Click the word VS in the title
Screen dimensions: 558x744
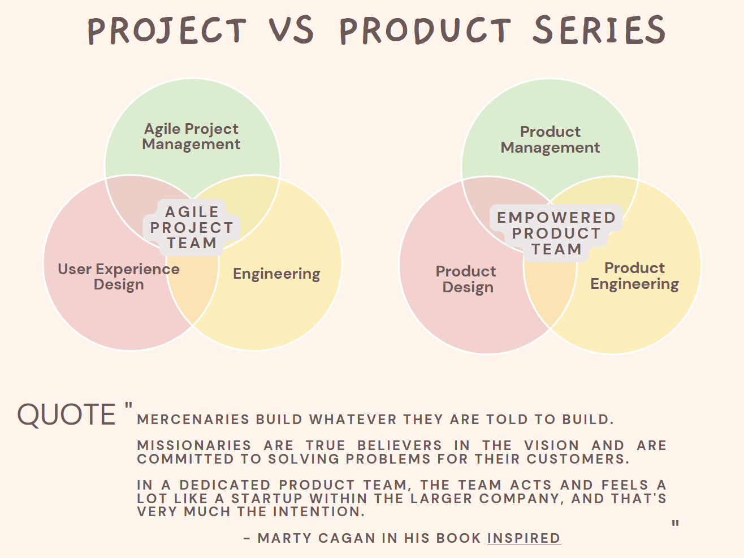pyautogui.click(x=291, y=31)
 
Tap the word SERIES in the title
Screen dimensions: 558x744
pyautogui.click(x=599, y=31)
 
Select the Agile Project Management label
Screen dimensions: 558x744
pyautogui.click(x=191, y=137)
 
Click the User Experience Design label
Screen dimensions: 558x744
pyautogui.click(x=119, y=276)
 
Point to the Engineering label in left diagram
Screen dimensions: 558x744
pyautogui.click(x=276, y=274)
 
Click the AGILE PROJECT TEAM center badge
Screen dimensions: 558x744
pyautogui.click(x=192, y=228)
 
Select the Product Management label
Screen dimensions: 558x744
pyautogui.click(x=550, y=140)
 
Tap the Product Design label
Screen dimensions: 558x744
pyautogui.click(x=466, y=279)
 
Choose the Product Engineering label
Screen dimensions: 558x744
pyautogui.click(x=634, y=276)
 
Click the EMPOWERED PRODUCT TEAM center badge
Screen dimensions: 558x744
pyautogui.click(x=556, y=233)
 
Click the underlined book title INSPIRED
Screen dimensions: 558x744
pyautogui.click(x=524, y=538)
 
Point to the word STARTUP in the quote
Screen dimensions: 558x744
pyautogui.click(x=267, y=499)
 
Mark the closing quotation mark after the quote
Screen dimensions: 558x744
pyautogui.click(x=675, y=524)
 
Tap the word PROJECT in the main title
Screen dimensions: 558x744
pyautogui.click(x=167, y=31)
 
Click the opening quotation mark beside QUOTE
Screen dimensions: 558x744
pyautogui.click(x=128, y=406)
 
